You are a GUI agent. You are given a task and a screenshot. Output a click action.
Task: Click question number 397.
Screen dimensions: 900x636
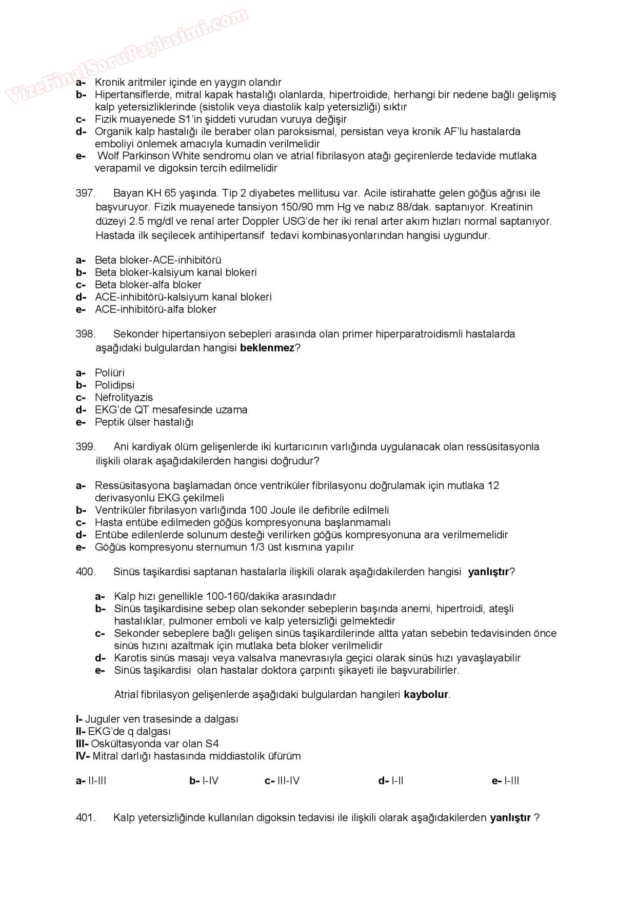point(85,193)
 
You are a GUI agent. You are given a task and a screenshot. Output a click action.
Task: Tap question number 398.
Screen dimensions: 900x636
point(85,334)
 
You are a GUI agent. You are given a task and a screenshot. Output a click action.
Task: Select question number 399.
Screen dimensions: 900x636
point(85,447)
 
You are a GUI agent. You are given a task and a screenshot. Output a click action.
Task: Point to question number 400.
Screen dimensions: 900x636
point(85,572)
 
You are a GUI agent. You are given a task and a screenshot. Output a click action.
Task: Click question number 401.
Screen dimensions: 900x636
point(85,818)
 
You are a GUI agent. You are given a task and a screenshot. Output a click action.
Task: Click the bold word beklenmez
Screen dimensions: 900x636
point(267,348)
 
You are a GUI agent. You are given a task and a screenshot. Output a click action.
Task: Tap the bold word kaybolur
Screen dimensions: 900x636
point(426,695)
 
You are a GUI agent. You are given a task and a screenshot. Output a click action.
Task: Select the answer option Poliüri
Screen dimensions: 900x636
point(109,373)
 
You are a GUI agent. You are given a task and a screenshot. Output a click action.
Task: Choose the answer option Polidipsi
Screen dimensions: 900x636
point(114,385)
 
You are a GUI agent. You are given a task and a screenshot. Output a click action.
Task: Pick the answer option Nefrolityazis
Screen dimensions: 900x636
point(124,398)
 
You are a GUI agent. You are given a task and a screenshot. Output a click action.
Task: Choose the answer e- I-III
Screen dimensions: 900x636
point(506,781)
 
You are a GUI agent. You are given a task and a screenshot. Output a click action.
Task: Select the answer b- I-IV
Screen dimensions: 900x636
point(204,781)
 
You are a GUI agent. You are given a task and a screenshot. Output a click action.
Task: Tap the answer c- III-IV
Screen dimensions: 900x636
point(282,781)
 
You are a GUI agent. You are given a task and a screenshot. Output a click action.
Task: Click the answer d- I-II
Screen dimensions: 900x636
point(391,781)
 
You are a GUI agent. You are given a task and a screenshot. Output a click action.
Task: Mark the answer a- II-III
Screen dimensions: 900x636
point(91,781)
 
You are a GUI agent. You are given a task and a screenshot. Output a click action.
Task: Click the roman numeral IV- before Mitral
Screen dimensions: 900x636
point(83,756)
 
